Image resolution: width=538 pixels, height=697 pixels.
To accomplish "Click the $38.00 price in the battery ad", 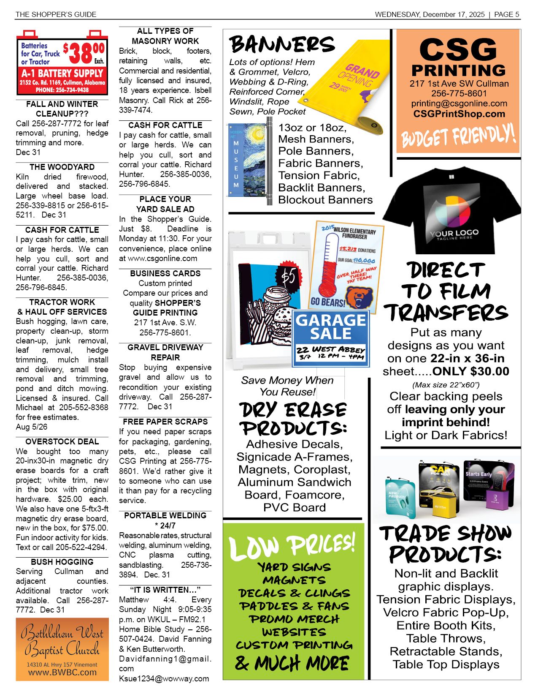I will point(84,53).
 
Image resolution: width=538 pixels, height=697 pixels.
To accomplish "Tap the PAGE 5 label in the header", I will point(506,14).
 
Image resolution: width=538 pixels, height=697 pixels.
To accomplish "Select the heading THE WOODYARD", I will point(62,167).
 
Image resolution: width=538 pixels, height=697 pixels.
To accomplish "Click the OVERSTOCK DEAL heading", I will point(62,441).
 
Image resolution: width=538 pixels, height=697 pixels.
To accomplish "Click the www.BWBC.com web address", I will point(62,672).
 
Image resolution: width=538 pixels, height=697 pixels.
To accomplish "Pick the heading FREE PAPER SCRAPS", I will point(165,422).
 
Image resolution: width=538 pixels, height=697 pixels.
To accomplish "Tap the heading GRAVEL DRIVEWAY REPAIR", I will point(165,352).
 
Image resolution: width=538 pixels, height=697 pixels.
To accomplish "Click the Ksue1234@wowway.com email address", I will point(164,678).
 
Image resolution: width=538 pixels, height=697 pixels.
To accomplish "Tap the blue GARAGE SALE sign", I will point(330,338).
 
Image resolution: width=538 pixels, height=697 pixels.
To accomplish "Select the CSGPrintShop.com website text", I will point(459,114).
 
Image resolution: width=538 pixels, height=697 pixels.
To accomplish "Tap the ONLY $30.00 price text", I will point(470,371).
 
